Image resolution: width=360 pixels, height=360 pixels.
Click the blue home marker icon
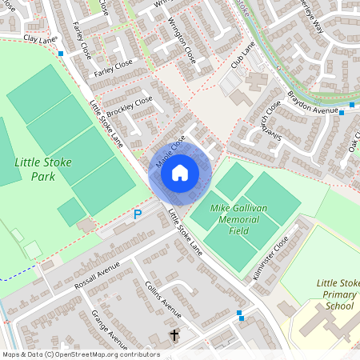tap(180, 172)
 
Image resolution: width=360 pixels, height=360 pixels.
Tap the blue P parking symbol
tap(138, 214)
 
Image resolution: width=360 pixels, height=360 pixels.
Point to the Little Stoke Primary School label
tap(337, 294)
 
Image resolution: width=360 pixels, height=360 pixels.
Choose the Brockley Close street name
tap(130, 103)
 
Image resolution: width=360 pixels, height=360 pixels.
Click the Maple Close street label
tap(170, 150)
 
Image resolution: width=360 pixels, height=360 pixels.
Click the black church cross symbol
tap(174, 334)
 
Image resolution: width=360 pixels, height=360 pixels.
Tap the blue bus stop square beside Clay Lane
tap(62, 54)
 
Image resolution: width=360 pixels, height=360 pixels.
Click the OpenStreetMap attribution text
tap(81, 354)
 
